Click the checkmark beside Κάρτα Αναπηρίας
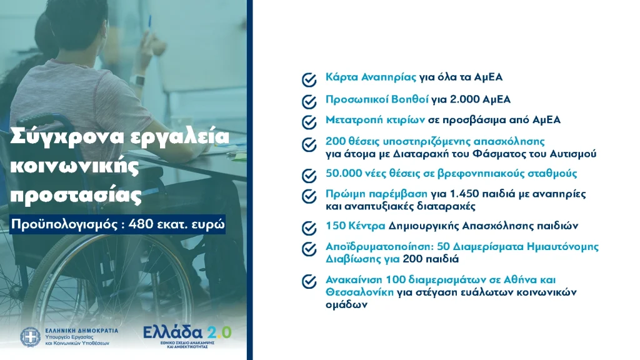pos(309,80)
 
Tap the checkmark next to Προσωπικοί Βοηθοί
pos(309,102)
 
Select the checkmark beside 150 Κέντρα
pos(309,228)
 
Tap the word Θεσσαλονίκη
pos(359,292)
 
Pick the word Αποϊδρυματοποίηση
pos(379,247)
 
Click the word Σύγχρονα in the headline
pos(66,137)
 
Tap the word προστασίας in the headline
pos(76,196)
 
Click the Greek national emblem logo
pos(30,337)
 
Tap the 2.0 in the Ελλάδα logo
pos(219,332)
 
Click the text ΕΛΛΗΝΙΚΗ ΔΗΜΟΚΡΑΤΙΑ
pos(82,331)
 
